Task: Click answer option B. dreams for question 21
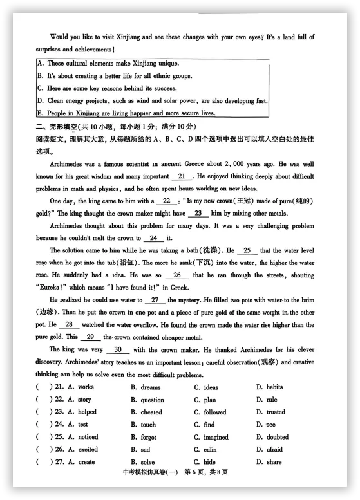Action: pos(146,387)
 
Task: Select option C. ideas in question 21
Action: pos(206,387)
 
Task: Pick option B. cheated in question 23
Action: pos(146,412)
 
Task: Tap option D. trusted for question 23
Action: pos(270,412)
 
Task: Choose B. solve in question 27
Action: pos(143,462)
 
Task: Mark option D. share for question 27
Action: pos(269,462)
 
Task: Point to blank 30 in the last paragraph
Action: pos(118,350)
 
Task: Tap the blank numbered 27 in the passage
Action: pos(155,300)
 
